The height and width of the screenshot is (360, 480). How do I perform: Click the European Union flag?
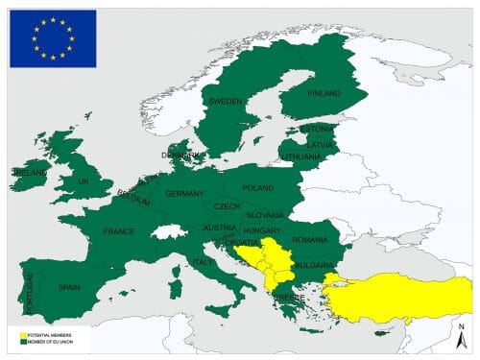pyautogui.click(x=53, y=38)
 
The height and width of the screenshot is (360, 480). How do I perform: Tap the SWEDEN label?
pyautogui.click(x=226, y=100)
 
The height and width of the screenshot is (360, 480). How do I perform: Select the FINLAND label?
pyautogui.click(x=323, y=93)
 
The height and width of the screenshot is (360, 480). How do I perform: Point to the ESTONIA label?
pyautogui.click(x=316, y=129)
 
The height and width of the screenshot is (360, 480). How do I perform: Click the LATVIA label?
pyautogui.click(x=320, y=144)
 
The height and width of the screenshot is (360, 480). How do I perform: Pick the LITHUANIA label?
pyautogui.click(x=301, y=156)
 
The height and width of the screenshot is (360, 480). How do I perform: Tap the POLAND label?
pyautogui.click(x=257, y=188)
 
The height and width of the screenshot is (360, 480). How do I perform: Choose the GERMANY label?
pyautogui.click(x=184, y=193)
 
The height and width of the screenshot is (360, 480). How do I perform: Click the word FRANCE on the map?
pyautogui.click(x=119, y=231)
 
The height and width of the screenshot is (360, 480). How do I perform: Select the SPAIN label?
pyautogui.click(x=69, y=286)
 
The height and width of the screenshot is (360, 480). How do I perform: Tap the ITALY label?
pyautogui.click(x=203, y=262)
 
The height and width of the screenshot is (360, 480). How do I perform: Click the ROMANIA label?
pyautogui.click(x=310, y=239)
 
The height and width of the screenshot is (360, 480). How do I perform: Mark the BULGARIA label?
pyautogui.click(x=314, y=265)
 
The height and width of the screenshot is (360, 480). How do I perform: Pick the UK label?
pyautogui.click(x=83, y=181)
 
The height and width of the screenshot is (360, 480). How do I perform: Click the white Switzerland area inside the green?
pyautogui.click(x=170, y=232)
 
